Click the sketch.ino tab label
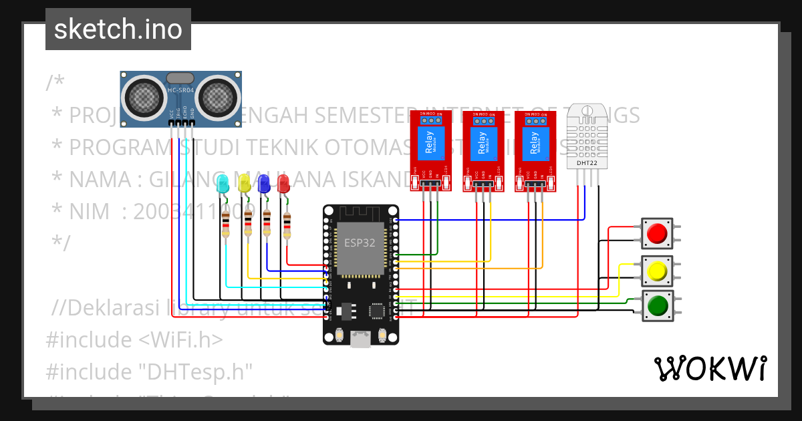point(118,29)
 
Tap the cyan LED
point(224,183)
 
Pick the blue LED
point(264,183)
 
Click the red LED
point(283,183)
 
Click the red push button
point(657,233)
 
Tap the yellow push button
point(657,271)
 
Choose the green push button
point(657,306)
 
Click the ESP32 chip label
point(360,243)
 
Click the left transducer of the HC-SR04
point(143,98)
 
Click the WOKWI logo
point(710,368)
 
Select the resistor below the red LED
point(287,225)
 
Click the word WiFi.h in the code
point(181,340)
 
